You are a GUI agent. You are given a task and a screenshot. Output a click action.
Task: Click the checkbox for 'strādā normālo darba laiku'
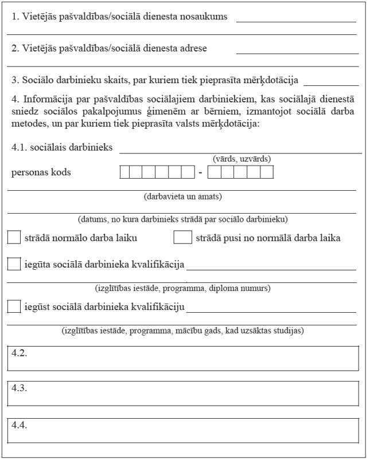pyautogui.click(x=14, y=237)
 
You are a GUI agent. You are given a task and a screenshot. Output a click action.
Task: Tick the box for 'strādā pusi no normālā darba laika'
pyautogui.click(x=182, y=237)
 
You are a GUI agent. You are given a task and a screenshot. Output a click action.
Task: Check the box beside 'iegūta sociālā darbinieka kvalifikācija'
pyautogui.click(x=14, y=264)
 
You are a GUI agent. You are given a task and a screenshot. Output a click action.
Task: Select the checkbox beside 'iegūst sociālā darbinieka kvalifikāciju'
pyautogui.click(x=14, y=306)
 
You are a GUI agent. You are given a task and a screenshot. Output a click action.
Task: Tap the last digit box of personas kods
pyautogui.click(x=268, y=172)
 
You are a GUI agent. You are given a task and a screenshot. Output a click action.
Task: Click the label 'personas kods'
pyautogui.click(x=41, y=172)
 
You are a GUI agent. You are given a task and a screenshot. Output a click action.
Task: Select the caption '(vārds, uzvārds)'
pyautogui.click(x=242, y=159)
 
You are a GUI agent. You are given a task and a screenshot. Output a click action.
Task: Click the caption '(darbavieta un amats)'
pyautogui.click(x=182, y=196)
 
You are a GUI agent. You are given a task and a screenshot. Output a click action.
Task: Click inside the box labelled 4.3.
pyautogui.click(x=184, y=394)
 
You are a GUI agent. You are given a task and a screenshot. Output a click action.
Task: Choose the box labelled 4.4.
pyautogui.click(x=184, y=431)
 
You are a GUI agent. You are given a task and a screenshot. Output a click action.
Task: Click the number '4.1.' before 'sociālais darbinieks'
pyautogui.click(x=20, y=148)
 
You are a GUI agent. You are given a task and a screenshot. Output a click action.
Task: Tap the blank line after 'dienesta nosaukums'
pyautogui.click(x=296, y=21)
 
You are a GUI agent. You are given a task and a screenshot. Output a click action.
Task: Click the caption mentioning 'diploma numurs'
pyautogui.click(x=182, y=288)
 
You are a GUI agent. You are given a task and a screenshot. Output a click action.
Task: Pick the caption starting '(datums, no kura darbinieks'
pyautogui.click(x=182, y=219)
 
